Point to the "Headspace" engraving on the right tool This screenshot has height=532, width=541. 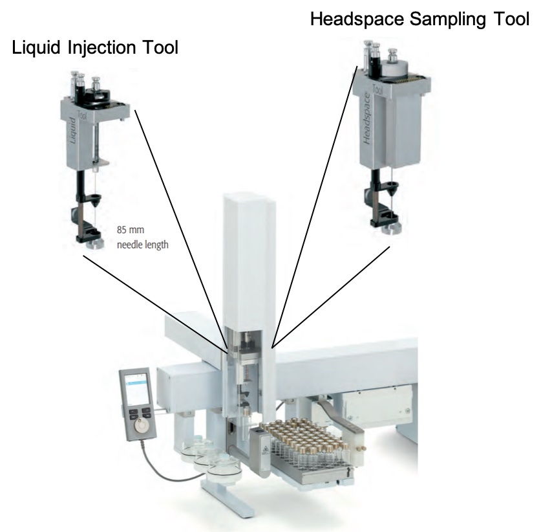[x=368, y=120]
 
